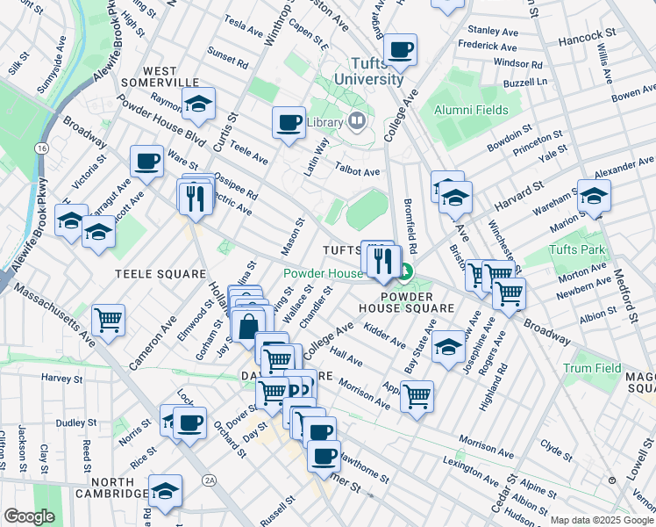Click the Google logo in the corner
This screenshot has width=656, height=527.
[30, 516]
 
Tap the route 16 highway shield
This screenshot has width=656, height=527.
[42, 150]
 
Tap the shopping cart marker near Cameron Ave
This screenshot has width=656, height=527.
[109, 320]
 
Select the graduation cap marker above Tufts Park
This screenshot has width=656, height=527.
[594, 195]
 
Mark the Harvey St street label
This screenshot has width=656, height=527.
[61, 378]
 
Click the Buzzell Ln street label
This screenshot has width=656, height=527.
[531, 81]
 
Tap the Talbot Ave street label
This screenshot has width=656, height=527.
[360, 172]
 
